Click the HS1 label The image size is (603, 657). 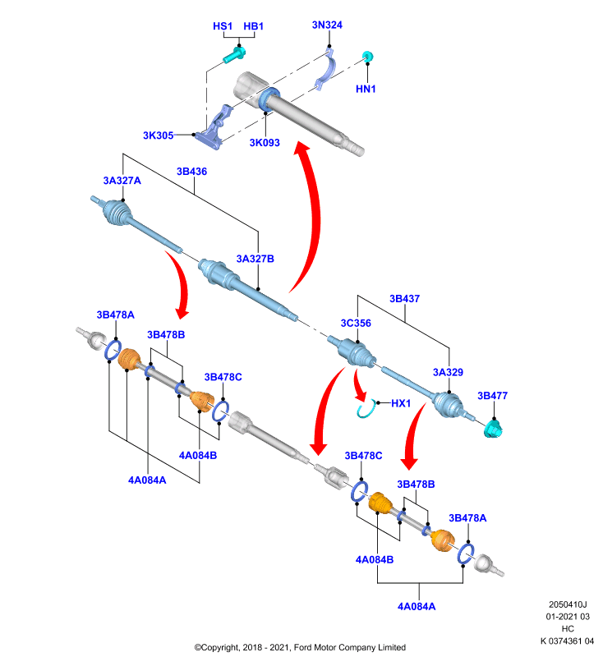tap(223, 26)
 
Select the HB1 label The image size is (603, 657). tap(254, 26)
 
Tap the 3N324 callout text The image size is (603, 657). tap(327, 25)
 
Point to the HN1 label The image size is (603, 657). tap(366, 89)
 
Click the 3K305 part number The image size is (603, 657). tap(158, 136)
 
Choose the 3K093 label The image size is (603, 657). tap(265, 142)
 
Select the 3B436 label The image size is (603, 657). tap(192, 172)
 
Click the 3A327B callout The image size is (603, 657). tap(255, 259)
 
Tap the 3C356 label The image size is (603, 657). tap(356, 323)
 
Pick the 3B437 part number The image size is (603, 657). tap(404, 298)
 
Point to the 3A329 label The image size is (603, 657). tap(448, 372)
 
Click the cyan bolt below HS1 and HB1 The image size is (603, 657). tap(234, 55)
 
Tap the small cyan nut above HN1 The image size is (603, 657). tap(368, 56)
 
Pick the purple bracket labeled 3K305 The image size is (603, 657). tap(214, 127)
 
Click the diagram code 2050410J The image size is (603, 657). tap(568, 604)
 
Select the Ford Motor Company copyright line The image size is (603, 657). tap(300, 647)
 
